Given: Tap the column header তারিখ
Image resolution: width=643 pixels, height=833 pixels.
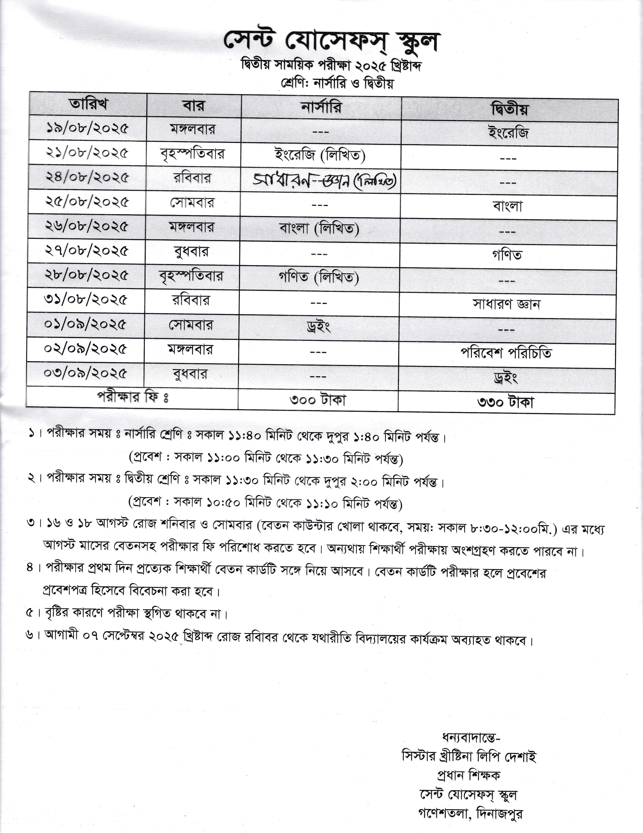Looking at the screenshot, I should click(x=88, y=104).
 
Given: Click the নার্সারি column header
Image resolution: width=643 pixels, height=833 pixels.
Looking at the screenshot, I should click(x=321, y=108).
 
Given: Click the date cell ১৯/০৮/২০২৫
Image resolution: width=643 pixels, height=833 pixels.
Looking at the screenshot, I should click(x=87, y=128).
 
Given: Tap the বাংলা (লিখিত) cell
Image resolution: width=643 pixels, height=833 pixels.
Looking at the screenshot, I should click(x=319, y=228).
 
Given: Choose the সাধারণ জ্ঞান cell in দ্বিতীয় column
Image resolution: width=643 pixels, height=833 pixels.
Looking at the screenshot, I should click(x=506, y=304).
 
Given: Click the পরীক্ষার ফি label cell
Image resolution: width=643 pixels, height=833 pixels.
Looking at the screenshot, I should click(x=133, y=397).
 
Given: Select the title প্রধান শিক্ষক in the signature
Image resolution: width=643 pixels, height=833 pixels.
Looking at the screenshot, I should click(x=469, y=775).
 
